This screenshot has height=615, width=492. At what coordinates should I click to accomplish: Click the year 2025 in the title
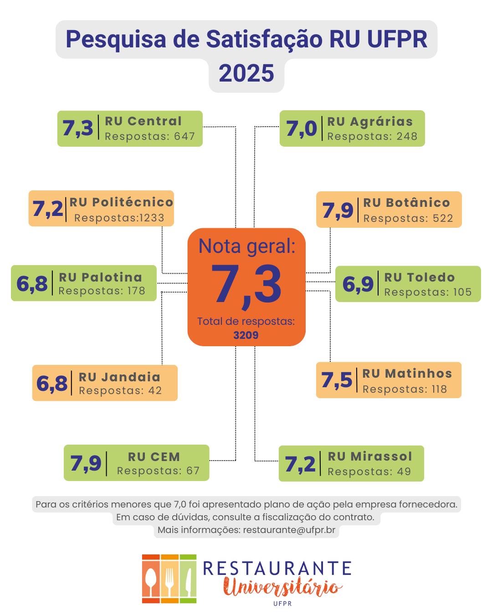tap(246, 73)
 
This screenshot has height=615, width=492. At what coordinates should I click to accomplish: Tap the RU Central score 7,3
tap(78, 128)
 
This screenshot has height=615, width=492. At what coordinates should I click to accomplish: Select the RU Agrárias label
tap(370, 122)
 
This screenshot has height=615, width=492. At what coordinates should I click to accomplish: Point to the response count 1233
tap(152, 218)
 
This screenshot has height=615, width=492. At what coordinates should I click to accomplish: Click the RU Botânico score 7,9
tap(338, 210)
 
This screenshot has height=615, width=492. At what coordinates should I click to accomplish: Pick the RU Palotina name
tap(100, 277)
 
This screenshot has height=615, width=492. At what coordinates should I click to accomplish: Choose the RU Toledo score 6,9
tap(358, 284)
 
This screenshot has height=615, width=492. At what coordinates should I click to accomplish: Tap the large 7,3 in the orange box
tap(246, 285)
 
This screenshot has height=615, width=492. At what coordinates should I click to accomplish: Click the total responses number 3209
tap(246, 335)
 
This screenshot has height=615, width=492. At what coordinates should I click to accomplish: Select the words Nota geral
tap(247, 246)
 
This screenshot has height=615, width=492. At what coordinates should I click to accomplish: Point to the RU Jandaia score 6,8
tap(52, 384)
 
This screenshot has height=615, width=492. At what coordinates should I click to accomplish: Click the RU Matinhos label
tap(407, 374)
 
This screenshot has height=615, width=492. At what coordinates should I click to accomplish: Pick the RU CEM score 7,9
tap(86, 463)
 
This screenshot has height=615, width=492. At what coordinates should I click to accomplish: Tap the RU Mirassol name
tap(370, 456)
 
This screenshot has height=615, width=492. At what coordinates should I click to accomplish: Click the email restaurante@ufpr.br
tap(289, 530)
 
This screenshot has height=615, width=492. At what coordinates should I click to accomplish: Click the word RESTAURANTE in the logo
tap(277, 569)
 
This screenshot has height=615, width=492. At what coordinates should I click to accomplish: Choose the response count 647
tap(184, 136)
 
